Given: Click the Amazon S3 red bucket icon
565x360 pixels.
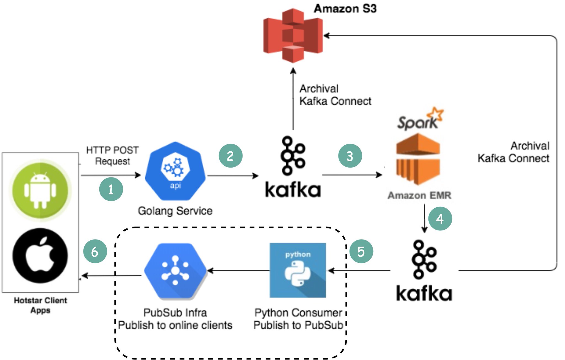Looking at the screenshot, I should point(293,35).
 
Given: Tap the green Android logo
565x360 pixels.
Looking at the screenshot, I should point(40,190).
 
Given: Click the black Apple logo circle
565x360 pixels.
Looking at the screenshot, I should point(40,256).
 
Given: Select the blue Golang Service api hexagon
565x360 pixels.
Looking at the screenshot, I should point(175,171).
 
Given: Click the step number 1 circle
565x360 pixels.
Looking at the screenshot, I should point(111,189).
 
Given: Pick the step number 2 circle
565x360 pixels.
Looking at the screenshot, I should point(230,156).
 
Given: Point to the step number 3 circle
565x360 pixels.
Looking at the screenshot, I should point(350,156).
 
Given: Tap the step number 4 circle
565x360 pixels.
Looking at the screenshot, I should point(440,219).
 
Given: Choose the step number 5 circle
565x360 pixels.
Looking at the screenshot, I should point(361,251).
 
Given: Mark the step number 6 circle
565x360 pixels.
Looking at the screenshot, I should point(95,251).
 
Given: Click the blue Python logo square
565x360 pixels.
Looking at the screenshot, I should point(298,270).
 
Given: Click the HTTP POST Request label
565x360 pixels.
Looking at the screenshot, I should point(112,155).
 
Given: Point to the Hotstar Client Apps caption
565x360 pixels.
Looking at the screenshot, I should point(40,305).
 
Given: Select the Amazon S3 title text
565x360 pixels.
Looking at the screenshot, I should point(345,9).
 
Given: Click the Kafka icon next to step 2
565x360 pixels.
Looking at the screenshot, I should point(292,167).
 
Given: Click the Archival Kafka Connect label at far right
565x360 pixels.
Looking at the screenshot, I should point(514,152).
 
